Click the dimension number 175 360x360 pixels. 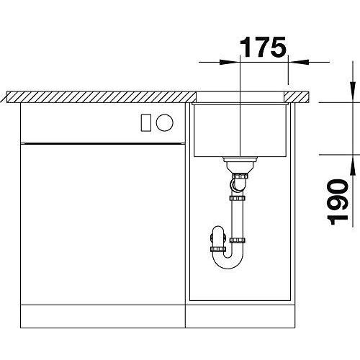[263, 47]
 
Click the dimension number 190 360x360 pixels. [338, 202]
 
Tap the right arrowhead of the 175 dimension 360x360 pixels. [298, 62]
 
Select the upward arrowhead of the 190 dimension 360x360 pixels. [353, 165]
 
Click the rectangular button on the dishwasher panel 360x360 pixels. [146, 122]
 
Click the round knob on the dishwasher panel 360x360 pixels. [164, 122]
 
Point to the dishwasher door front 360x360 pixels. [103, 224]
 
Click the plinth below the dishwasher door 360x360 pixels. [103, 316]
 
